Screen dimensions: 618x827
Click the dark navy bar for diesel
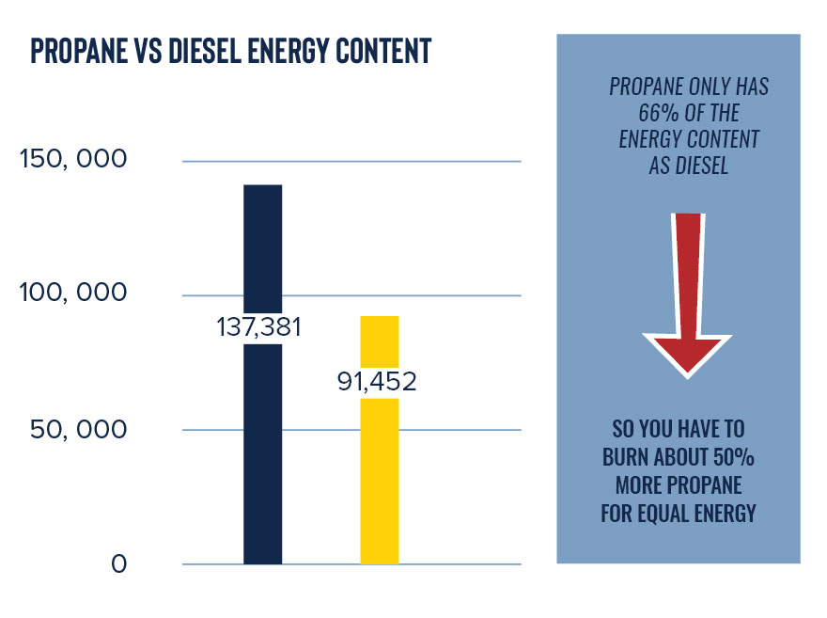262,452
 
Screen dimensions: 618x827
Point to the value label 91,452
378,383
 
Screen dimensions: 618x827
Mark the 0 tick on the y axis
118,564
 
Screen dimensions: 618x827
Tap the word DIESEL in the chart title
196,51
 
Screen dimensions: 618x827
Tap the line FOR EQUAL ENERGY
678,515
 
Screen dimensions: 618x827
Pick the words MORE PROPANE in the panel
678,486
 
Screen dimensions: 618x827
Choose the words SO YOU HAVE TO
678,431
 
